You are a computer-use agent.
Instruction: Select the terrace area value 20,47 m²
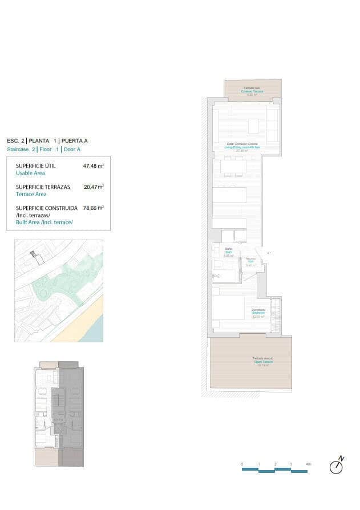[94, 187]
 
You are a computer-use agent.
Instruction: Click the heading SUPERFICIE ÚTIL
[36, 166]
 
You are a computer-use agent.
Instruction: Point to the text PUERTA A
[75, 140]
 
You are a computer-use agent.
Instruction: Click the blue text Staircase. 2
[21, 149]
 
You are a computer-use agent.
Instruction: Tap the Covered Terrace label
[252, 91]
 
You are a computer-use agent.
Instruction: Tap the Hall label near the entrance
[250, 262]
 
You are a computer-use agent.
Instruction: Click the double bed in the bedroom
[229, 308]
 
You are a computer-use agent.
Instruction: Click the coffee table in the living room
[253, 126]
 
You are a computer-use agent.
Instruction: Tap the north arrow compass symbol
[337, 466]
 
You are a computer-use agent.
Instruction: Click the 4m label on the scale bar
[309, 464]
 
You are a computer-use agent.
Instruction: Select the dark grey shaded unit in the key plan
[70, 411]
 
